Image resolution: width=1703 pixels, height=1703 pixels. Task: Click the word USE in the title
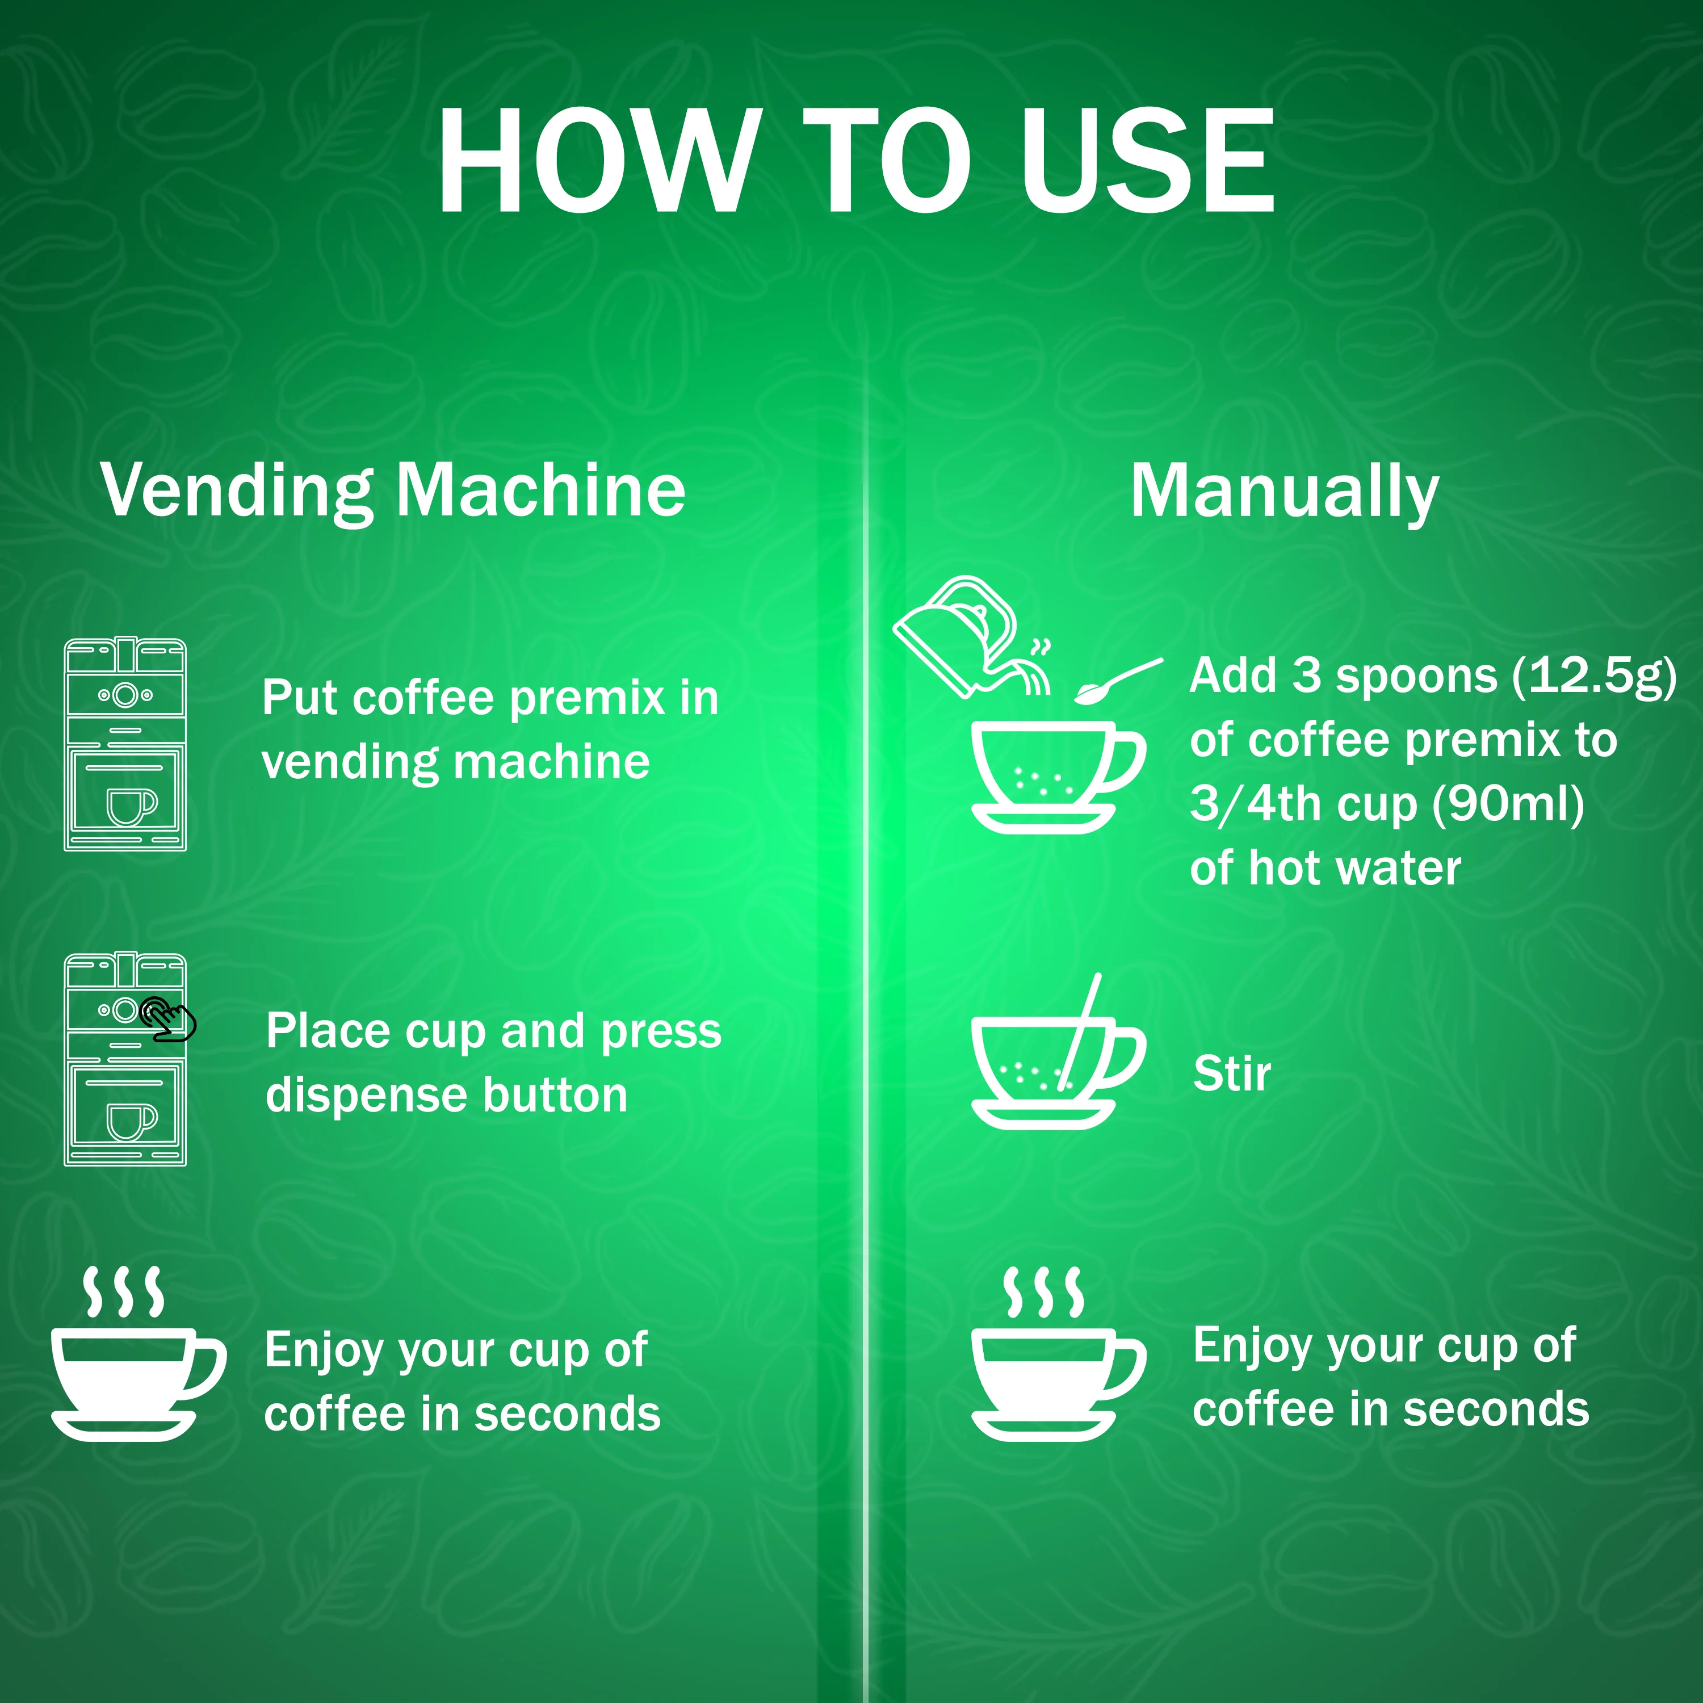pos(1147,161)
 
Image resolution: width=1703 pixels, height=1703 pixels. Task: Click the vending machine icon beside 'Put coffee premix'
pos(125,744)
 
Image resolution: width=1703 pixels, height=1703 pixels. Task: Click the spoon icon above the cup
pos(1118,681)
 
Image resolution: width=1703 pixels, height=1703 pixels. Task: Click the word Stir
pos(1231,1073)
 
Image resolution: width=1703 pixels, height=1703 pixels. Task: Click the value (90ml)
pos(1508,805)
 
